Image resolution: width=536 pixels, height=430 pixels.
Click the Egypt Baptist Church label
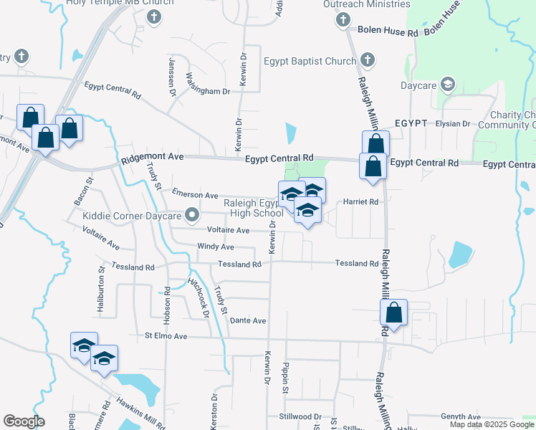(310, 62)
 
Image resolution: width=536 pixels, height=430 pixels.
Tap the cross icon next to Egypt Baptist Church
(368, 59)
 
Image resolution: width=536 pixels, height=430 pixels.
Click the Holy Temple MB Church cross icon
(152, 16)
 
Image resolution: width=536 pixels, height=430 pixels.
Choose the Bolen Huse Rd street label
(388, 33)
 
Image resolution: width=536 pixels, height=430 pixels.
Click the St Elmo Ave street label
(166, 335)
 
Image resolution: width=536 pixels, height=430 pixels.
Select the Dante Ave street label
(248, 320)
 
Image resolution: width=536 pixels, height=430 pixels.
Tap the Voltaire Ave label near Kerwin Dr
(228, 230)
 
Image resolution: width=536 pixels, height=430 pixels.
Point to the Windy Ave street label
(216, 247)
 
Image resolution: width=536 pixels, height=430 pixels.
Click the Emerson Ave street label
(195, 194)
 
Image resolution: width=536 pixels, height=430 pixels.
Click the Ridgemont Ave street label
(153, 156)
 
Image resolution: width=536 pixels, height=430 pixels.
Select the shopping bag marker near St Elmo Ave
(393, 313)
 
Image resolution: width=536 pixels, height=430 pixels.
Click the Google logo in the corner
(24, 421)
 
